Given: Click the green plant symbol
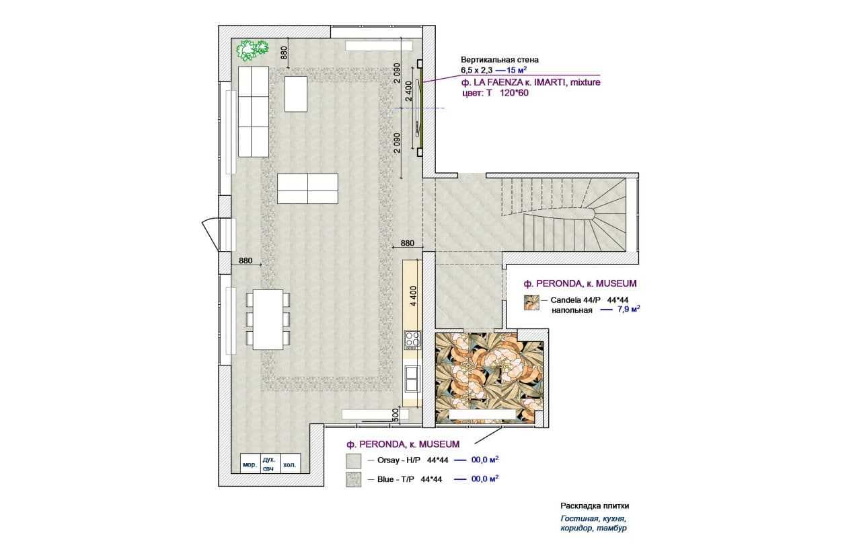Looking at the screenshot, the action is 252,50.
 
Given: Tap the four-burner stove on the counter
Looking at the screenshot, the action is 412,340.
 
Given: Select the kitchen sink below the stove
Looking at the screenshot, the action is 412,379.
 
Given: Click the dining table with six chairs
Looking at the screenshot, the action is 268,320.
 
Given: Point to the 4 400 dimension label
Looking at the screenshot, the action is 414,295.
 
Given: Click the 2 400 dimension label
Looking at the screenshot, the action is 408,91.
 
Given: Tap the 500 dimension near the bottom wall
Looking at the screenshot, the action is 395,415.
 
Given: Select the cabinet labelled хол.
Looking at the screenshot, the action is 290,464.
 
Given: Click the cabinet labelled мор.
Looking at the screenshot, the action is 250,464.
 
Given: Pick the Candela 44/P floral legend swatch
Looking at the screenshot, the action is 531,302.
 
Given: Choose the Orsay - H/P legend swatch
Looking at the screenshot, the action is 353,461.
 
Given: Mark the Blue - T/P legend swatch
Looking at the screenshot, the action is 353,479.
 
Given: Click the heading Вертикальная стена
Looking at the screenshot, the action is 500,60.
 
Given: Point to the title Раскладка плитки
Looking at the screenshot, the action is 595,505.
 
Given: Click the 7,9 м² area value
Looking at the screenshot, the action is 628,309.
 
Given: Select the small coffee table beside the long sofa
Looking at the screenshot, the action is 295,94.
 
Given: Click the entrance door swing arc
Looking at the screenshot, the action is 209,234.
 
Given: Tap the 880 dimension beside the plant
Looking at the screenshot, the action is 284,53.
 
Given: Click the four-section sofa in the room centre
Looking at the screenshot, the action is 307,188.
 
